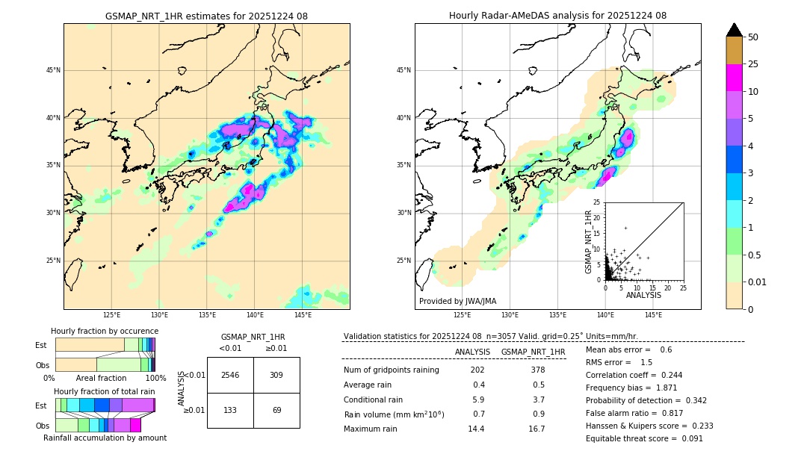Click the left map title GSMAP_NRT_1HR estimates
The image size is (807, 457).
click(206, 16)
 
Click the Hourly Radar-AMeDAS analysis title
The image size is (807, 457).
click(557, 16)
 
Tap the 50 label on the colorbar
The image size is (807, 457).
click(753, 37)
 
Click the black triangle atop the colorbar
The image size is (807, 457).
click(734, 30)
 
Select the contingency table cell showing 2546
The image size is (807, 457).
click(230, 375)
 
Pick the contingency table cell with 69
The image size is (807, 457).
click(276, 411)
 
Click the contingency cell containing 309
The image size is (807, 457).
click(276, 375)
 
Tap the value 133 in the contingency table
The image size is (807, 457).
click(230, 411)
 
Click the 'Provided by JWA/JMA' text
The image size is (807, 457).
click(457, 302)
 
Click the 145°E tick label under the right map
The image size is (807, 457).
click(653, 315)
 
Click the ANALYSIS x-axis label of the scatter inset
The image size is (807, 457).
click(643, 295)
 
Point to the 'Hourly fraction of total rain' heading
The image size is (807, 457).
click(104, 391)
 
